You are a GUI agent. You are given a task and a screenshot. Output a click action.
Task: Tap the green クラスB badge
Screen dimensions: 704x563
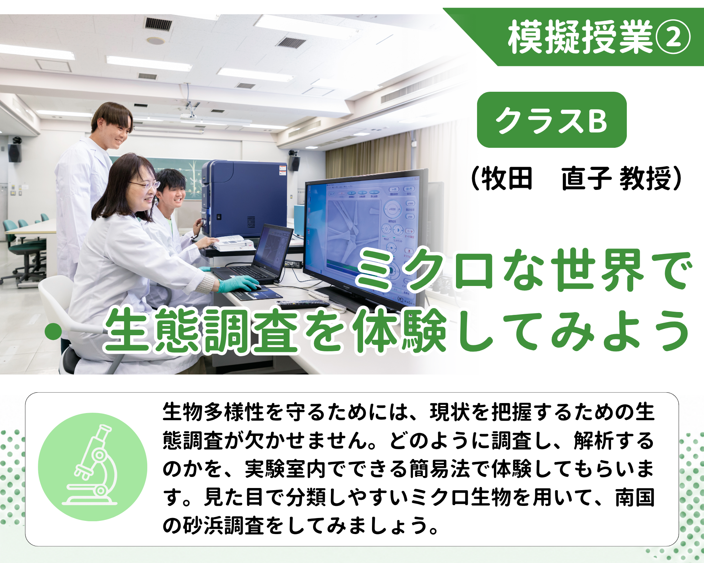click(x=552, y=120)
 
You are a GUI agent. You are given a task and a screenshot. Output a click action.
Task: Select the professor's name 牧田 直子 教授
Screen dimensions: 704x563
click(x=576, y=179)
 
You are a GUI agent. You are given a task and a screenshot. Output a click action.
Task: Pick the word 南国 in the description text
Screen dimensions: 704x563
click(x=635, y=497)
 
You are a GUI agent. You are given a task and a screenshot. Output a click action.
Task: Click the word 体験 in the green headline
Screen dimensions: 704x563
click(x=400, y=331)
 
